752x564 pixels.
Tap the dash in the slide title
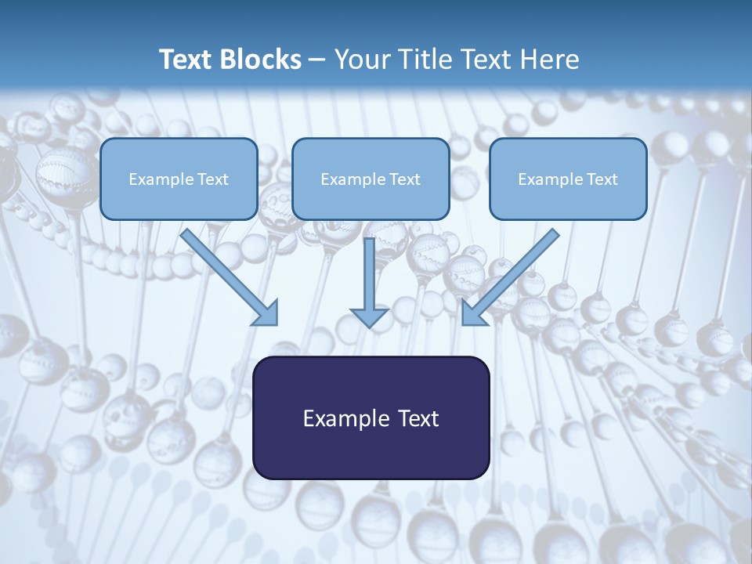(317, 60)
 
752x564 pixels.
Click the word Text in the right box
(602, 179)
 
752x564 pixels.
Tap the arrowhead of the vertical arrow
(370, 316)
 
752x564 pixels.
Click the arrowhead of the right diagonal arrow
(472, 314)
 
